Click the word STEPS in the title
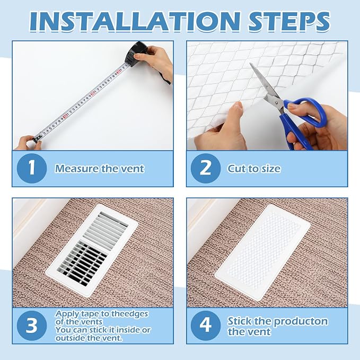pos(289,21)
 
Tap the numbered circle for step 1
pos(32,168)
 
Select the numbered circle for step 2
pos(206,168)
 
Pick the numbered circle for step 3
pos(32,326)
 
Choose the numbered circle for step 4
pos(206,326)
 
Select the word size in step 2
pos(270,169)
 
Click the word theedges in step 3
pos(126,314)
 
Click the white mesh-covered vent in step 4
pos(262,252)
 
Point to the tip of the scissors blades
pos(250,64)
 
